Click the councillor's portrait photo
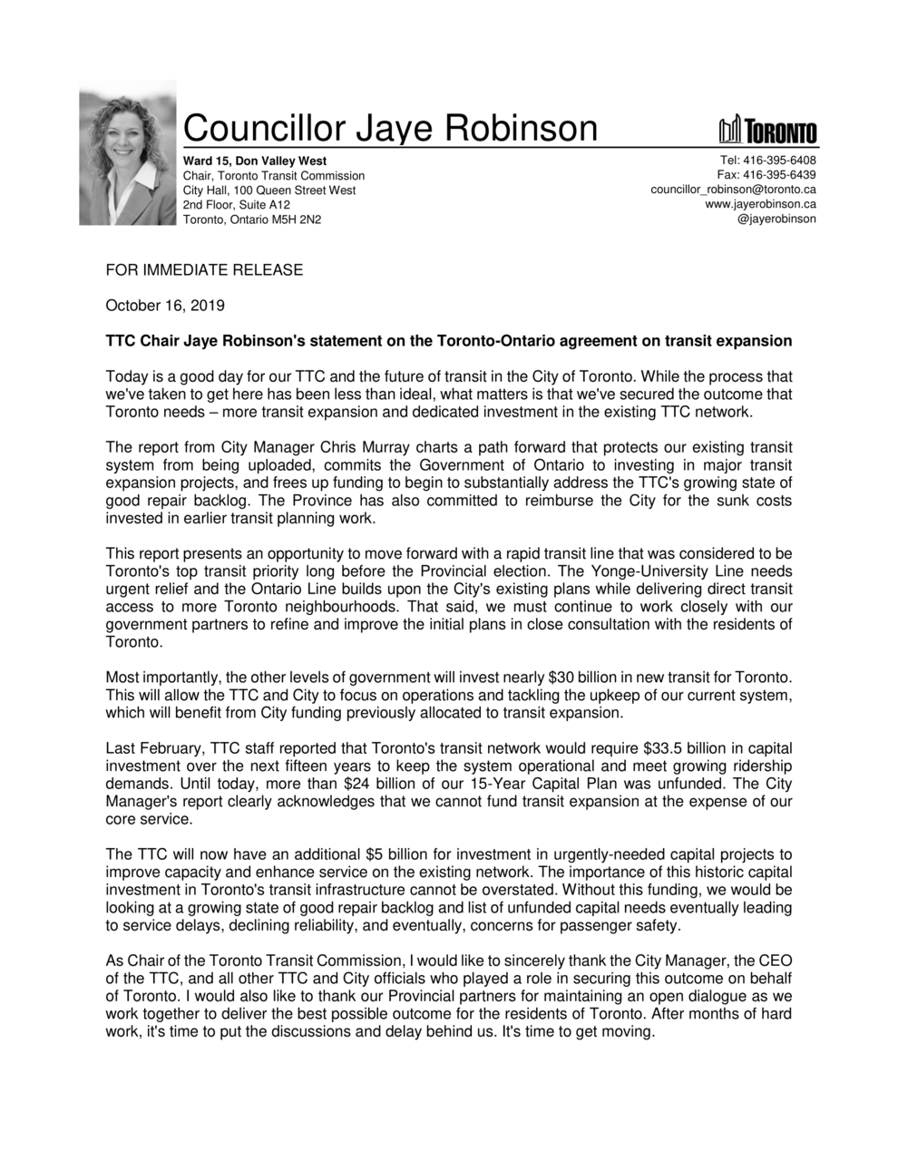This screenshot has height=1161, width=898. (x=128, y=153)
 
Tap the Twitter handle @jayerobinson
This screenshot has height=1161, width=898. (x=776, y=219)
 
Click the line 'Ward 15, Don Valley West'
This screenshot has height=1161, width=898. (x=255, y=161)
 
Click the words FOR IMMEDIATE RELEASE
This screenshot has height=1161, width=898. (x=204, y=270)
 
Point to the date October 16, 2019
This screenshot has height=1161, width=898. (x=165, y=306)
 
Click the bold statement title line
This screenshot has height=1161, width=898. (x=448, y=341)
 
